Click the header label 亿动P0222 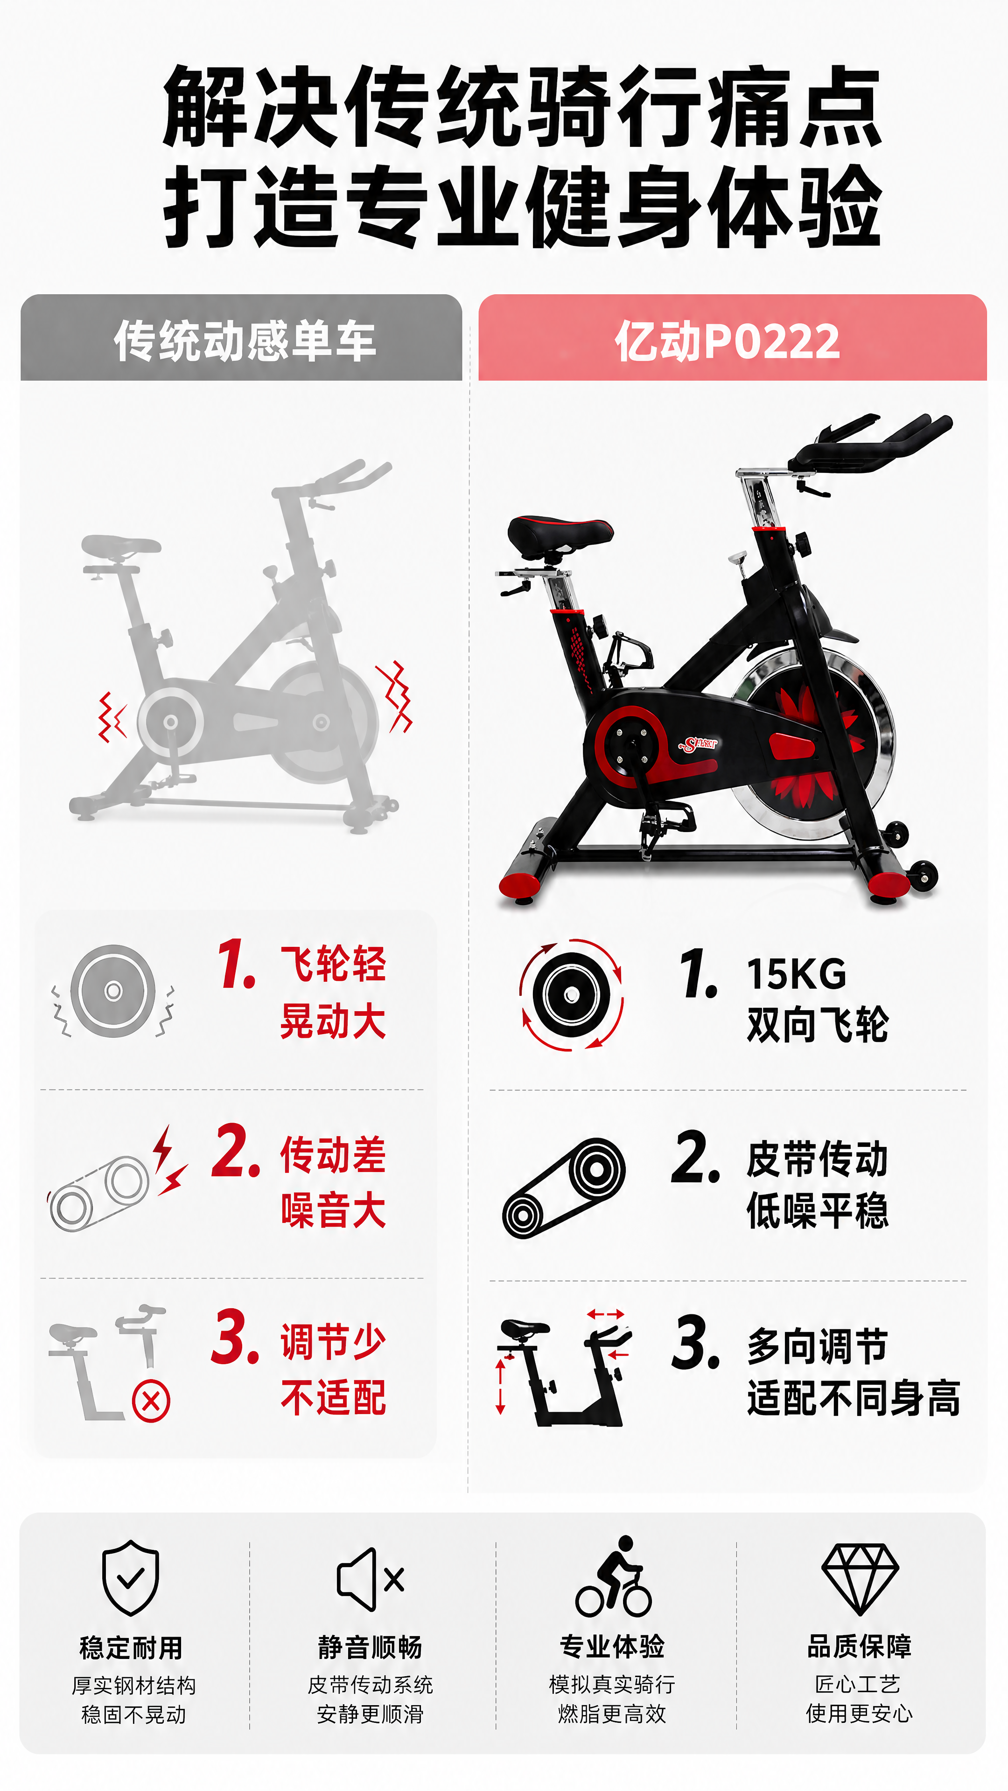(727, 341)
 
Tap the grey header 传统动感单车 (245, 341)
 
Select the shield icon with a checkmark (130, 1577)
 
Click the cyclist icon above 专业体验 (613, 1576)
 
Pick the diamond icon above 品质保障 (860, 1579)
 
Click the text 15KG (797, 973)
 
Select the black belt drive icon (563, 1188)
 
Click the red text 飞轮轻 (333, 965)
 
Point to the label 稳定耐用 (131, 1647)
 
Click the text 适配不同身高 (854, 1398)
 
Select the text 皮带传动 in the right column (818, 1159)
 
